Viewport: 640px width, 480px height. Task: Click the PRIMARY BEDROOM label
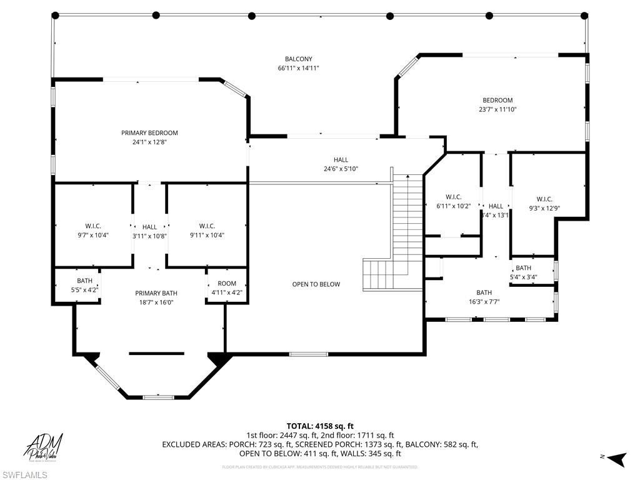coord(149,132)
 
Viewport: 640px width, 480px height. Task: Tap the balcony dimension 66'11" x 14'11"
coord(299,68)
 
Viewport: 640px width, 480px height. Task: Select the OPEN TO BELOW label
coord(316,284)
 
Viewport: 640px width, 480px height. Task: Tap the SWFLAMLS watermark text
coord(24,475)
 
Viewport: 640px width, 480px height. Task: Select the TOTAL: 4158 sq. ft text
coord(319,426)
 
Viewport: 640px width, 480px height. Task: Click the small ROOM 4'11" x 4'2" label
coord(227,287)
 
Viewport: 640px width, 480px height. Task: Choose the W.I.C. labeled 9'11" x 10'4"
coord(207,231)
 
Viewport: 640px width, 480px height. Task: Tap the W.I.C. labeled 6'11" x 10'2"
coord(453,201)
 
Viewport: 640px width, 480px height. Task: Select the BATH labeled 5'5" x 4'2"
coord(84,285)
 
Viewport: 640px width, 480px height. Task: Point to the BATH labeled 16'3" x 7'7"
coord(484,297)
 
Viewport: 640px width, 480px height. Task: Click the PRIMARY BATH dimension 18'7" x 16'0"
coord(156,302)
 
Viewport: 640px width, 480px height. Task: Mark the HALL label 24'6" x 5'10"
coord(341,164)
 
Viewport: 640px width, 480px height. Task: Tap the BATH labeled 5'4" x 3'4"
coord(524,272)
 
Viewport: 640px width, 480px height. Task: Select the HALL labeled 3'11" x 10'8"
coord(149,231)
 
